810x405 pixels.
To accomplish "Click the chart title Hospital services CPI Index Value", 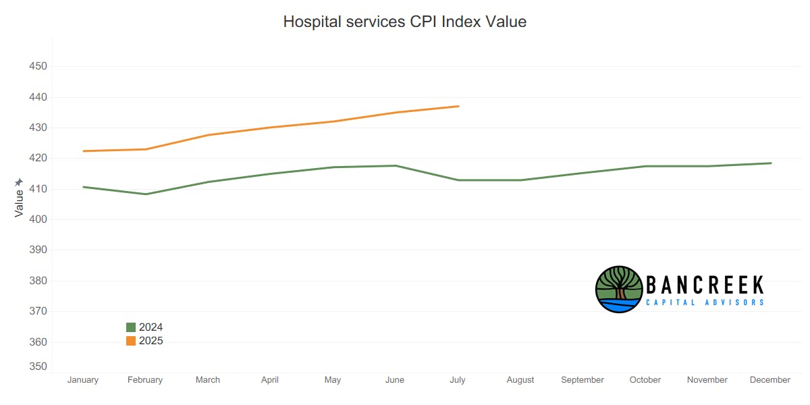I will coord(404,22).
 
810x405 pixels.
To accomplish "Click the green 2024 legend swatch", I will coord(131,327).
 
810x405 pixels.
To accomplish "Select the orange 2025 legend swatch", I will coord(131,341).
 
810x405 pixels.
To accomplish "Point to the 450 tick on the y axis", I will coord(38,66).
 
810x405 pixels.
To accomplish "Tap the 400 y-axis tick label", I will coord(38,219).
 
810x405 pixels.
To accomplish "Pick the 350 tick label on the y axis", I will coord(38,367).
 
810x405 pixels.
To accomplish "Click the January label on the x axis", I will coord(83,380).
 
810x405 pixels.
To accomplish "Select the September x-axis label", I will coord(583,380).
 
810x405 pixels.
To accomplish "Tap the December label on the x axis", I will coord(769,380).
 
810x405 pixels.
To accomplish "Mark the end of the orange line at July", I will coord(458,106).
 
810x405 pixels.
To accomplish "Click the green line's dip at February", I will coord(146,194).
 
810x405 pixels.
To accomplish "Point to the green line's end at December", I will coord(770,163).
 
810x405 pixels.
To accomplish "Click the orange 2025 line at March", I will coord(208,135).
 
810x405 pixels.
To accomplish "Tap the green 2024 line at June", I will coord(396,165).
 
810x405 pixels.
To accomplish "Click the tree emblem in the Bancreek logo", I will coord(618,289).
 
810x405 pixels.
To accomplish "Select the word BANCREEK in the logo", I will coord(705,284).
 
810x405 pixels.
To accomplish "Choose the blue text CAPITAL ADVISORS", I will coord(705,302).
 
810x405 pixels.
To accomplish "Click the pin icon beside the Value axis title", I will coord(19,183).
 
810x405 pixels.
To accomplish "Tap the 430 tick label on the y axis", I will coord(38,128).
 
